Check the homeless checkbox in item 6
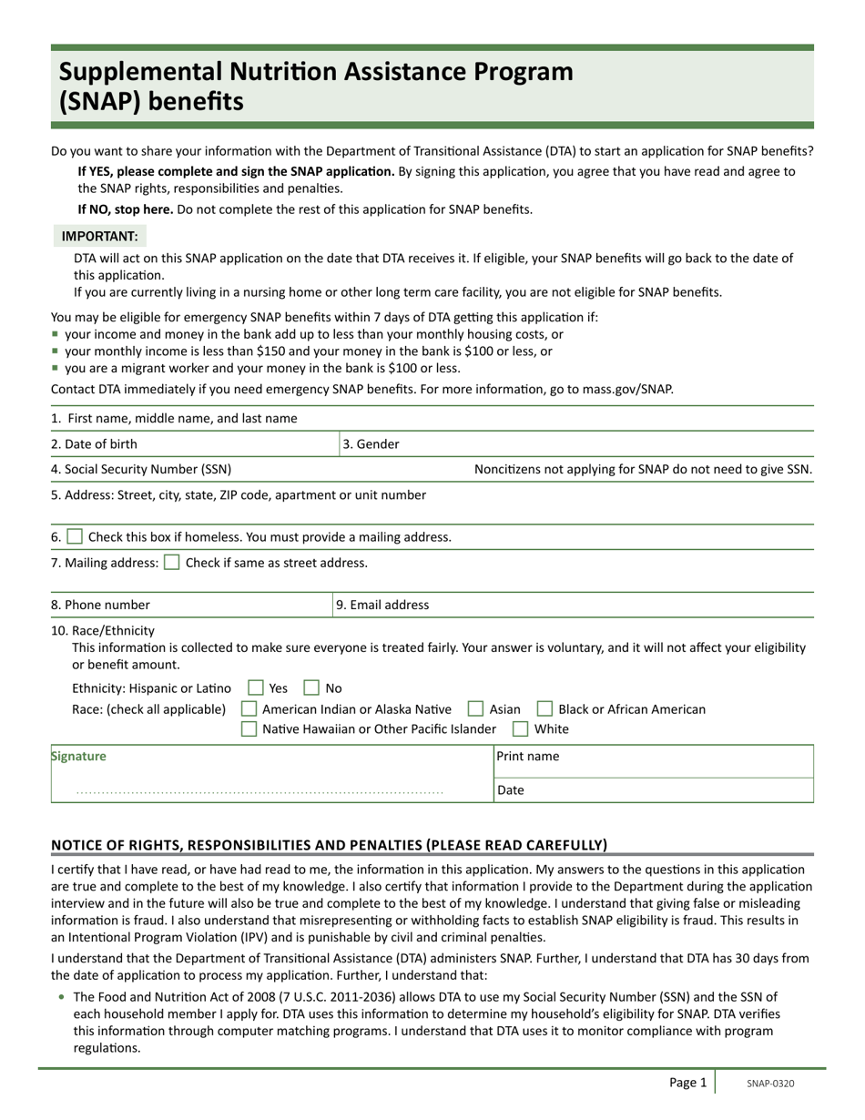point(75,537)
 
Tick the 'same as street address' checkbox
point(171,563)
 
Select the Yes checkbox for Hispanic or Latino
point(256,688)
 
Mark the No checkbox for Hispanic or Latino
point(311,688)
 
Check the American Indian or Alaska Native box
point(249,709)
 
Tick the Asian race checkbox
point(475,709)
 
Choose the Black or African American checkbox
point(544,709)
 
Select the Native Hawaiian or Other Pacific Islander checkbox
point(249,729)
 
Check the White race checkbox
point(520,729)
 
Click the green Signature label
point(78,757)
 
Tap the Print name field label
point(528,757)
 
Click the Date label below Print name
point(511,790)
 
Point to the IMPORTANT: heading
point(99,237)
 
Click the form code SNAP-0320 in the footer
point(770,1084)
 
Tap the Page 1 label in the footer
point(687,1083)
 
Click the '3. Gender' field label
point(371,444)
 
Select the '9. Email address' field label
point(382,605)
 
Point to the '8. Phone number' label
point(100,605)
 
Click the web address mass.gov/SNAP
point(627,390)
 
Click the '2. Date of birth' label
point(94,444)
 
